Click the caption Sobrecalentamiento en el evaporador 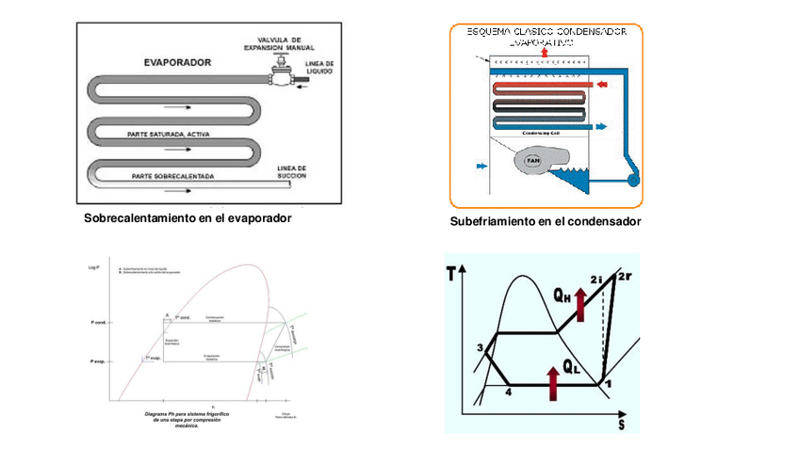point(188,217)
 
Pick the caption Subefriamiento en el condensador point(546,221)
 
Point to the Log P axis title point(93,268)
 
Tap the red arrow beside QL point(552,381)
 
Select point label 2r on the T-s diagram point(625,277)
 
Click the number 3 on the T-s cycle point(481,349)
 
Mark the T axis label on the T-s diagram point(454,275)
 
